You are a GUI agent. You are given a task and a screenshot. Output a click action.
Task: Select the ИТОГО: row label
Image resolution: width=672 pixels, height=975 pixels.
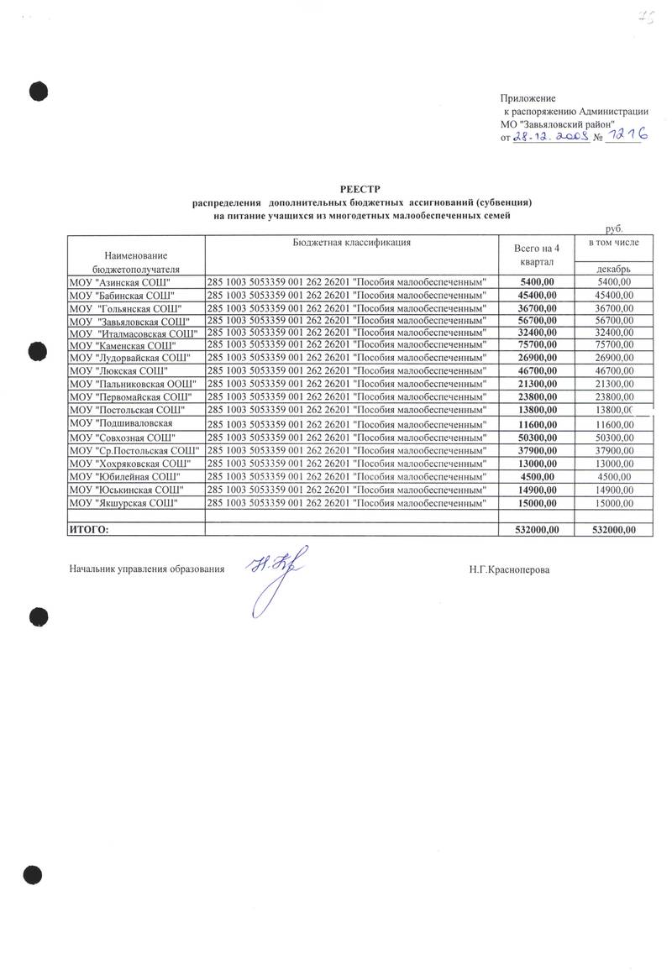[x=89, y=529]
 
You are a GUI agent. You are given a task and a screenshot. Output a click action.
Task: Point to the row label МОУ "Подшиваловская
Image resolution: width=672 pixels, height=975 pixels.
[x=122, y=422]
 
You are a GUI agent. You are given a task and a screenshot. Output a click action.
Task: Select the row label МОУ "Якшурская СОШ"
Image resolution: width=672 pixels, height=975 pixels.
[x=123, y=502]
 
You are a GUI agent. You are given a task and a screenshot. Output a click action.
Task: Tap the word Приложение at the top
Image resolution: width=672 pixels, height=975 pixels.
[x=528, y=99]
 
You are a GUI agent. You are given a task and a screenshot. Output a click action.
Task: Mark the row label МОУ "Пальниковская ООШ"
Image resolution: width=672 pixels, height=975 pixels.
[x=133, y=383]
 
